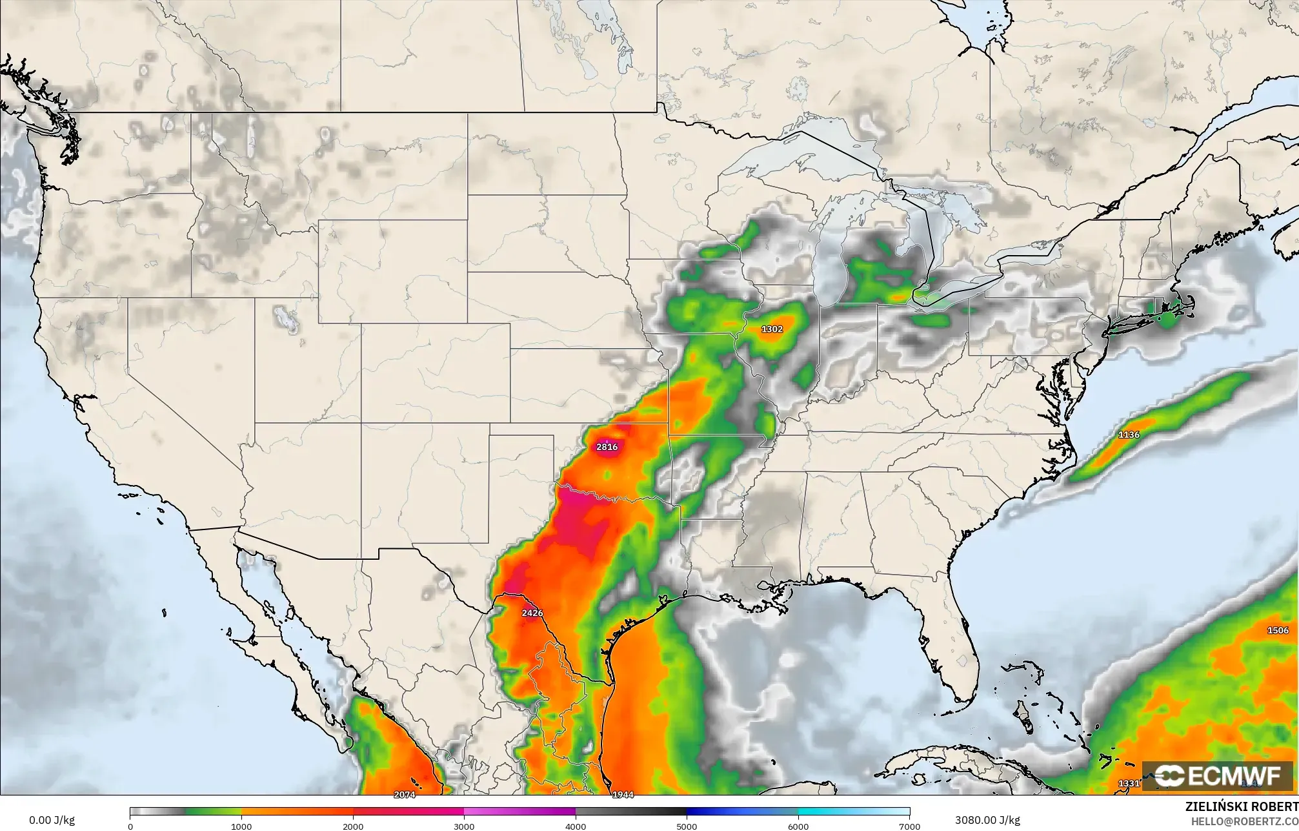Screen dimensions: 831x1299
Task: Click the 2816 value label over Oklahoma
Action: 607,447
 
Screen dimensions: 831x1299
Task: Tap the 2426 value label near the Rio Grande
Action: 532,613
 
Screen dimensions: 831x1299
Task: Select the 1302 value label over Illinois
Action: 772,329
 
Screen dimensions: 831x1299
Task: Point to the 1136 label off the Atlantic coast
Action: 1129,435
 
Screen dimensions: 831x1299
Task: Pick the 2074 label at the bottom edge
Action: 405,795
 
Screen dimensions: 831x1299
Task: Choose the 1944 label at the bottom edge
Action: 623,795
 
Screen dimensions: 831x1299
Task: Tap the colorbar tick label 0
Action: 130,826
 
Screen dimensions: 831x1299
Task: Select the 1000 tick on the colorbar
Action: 241,826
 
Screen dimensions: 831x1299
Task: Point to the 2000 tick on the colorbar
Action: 353,826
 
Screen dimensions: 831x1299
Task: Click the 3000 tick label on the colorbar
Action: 464,826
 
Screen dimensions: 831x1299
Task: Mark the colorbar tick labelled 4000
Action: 576,826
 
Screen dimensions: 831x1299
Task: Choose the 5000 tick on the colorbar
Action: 687,826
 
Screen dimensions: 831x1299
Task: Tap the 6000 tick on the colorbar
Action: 798,826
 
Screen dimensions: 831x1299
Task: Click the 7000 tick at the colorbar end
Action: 909,826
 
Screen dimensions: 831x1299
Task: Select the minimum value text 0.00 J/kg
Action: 52,820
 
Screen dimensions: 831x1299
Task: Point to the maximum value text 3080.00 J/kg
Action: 987,820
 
